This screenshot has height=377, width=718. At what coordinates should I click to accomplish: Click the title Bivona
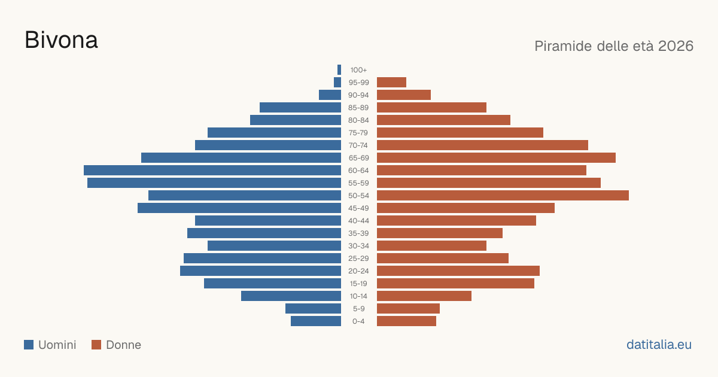click(61, 40)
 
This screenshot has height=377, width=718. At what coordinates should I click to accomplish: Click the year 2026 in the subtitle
click(676, 46)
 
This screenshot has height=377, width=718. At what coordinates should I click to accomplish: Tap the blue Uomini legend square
click(29, 345)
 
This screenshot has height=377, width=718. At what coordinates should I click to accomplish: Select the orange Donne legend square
click(96, 345)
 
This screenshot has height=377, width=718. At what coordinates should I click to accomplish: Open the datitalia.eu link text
click(659, 345)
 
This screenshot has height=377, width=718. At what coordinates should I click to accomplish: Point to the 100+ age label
click(358, 70)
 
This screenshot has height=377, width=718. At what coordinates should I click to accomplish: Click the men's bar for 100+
click(339, 69)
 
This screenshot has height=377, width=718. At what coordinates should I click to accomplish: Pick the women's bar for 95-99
click(391, 82)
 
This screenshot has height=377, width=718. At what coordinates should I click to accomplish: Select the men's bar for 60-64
click(212, 170)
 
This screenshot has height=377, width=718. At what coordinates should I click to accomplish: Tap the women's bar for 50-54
click(503, 195)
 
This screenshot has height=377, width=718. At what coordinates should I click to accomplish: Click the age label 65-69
click(358, 158)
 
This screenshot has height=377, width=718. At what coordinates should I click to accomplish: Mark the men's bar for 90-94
click(330, 95)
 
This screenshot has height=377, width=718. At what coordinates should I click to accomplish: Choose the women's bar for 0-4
click(406, 321)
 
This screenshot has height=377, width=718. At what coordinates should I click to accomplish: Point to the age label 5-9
click(358, 309)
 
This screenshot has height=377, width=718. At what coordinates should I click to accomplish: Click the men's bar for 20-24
click(261, 270)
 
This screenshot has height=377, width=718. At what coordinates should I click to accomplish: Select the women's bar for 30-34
click(431, 245)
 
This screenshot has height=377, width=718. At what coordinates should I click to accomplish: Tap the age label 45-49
click(358, 208)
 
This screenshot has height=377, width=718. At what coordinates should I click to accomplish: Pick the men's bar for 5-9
click(313, 308)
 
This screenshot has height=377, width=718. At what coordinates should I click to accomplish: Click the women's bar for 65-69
click(496, 158)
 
